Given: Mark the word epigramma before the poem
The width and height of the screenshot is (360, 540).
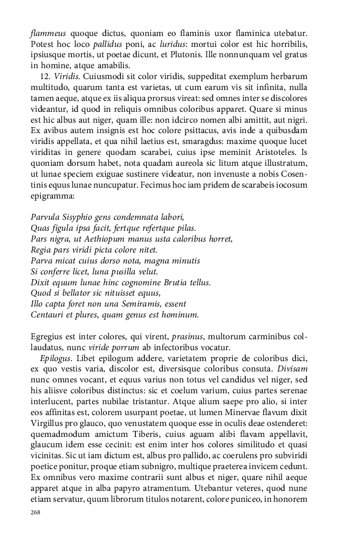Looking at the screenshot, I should [53, 195].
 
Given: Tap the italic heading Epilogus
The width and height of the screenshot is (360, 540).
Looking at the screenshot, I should [56, 358].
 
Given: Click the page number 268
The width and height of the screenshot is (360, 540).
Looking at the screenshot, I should [35, 512].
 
